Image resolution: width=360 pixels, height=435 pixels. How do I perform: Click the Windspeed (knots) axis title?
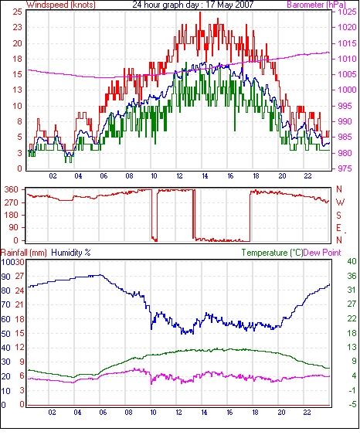point(61,5)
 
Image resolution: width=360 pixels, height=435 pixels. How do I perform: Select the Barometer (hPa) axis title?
point(317,5)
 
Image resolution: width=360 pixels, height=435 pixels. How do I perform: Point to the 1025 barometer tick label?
point(347,12)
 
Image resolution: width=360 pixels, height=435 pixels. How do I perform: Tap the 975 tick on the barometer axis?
point(346,168)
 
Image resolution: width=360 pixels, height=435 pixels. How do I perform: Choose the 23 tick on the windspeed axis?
point(17,28)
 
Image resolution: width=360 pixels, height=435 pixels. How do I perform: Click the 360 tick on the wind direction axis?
point(12,190)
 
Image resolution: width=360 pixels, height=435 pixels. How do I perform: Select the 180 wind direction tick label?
point(12,216)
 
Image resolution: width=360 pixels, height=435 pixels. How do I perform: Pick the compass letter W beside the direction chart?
point(340,202)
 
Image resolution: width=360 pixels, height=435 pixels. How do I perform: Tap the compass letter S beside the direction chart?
point(339,215)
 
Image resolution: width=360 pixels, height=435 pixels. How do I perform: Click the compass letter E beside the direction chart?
point(338,228)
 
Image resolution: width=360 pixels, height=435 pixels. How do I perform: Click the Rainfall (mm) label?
point(24,253)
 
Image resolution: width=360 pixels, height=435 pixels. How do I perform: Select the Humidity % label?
point(71,253)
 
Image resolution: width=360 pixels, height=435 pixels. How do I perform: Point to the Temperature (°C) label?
point(272,253)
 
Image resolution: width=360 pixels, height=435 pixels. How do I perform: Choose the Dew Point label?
point(322,253)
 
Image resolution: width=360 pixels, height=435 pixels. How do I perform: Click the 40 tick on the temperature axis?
point(352,261)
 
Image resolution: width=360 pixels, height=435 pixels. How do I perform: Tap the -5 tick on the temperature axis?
point(352,405)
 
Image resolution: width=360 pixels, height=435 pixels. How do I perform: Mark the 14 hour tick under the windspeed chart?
point(205,176)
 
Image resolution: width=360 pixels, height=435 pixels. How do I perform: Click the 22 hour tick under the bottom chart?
point(307,413)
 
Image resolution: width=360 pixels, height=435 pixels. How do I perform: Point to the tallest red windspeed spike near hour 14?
point(200,13)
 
